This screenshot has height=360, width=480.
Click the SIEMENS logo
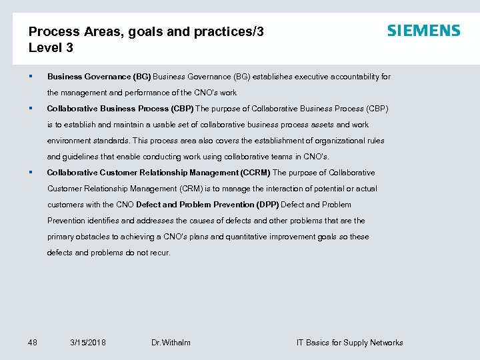[423, 31]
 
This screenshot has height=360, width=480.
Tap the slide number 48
[33, 343]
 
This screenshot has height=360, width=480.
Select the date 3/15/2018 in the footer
[87, 343]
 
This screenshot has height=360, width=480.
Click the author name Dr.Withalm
[171, 343]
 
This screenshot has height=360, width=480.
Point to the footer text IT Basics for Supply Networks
[349, 343]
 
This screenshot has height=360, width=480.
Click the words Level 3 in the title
[51, 48]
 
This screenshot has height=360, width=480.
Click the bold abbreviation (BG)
[142, 77]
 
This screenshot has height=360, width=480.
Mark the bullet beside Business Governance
[31, 77]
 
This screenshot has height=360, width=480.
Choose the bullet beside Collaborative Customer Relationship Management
[31, 173]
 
